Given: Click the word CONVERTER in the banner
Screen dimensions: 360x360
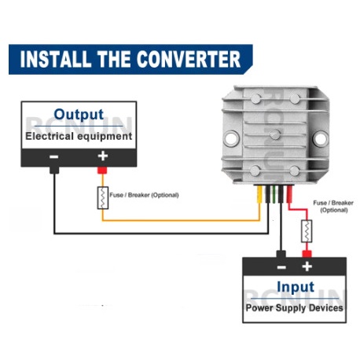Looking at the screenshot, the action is point(189,59).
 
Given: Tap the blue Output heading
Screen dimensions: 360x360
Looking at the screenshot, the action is point(79,115).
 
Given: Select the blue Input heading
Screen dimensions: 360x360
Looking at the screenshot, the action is point(296,287).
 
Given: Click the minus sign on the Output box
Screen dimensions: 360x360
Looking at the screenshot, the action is point(54,156).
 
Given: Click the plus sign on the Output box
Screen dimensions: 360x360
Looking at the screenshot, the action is point(103,156).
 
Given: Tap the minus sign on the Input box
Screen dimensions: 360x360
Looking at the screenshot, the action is point(281,267).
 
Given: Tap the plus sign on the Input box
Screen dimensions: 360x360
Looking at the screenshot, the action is point(307,266).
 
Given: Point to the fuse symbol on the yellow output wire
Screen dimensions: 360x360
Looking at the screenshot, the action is point(103,198).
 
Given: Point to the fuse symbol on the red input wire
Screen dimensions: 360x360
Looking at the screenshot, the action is point(307,231).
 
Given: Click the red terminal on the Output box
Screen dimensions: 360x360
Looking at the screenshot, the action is point(102,171).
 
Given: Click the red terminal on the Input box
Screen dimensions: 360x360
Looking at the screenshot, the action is point(307,254).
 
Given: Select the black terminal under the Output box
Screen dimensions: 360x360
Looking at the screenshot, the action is point(54,171).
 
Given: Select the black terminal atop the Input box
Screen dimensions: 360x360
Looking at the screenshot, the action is point(281,254).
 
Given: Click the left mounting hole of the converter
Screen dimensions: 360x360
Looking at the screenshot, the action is point(232,138).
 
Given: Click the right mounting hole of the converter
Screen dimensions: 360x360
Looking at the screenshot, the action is point(320,138).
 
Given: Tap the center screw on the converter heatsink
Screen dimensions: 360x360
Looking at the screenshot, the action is point(275,134).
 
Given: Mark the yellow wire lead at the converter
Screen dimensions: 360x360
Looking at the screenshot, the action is point(259,194).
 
